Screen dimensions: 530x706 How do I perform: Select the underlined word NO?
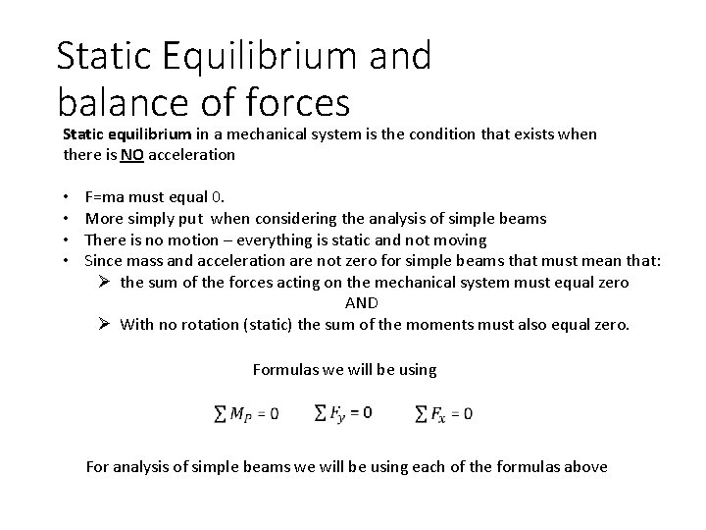coord(131,154)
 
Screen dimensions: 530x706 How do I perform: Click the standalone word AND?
coord(361,303)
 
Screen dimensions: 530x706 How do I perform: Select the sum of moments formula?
coord(246,413)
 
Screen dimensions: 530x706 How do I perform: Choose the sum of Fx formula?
coord(444,413)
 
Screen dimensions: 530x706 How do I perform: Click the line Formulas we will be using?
coord(344,370)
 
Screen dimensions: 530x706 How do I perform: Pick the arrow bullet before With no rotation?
coord(105,325)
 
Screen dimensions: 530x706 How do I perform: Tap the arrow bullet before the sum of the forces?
coord(105,283)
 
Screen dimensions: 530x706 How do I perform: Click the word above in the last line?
coord(585,467)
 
